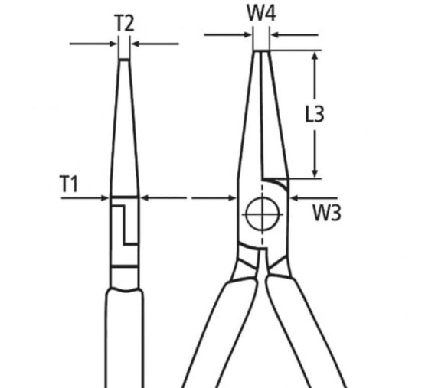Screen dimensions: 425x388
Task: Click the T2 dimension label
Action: point(125,23)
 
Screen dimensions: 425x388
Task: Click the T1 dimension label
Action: point(69,184)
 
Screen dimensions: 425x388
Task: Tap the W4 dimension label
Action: point(262,13)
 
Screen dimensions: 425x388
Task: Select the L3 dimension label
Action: point(315,114)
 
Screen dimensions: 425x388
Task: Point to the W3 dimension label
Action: point(327,213)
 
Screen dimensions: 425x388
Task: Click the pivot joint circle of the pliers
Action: point(262,214)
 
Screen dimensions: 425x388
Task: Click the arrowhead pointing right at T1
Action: point(105,198)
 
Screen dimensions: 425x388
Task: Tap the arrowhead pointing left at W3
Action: point(294,198)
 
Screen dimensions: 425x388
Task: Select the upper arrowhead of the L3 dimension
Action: point(315,56)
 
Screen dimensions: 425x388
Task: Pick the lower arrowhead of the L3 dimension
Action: point(315,173)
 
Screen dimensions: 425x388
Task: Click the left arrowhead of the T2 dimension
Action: point(113,44)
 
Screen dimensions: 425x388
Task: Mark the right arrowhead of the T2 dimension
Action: point(135,44)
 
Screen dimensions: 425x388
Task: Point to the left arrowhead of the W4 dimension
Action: point(248,34)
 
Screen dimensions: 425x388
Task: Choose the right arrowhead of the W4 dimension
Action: point(275,34)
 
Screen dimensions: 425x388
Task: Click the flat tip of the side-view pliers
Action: point(124,60)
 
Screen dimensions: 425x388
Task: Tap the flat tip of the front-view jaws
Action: point(262,51)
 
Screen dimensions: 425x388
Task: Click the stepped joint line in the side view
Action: point(124,225)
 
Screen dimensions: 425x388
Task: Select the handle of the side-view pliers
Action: point(124,338)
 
